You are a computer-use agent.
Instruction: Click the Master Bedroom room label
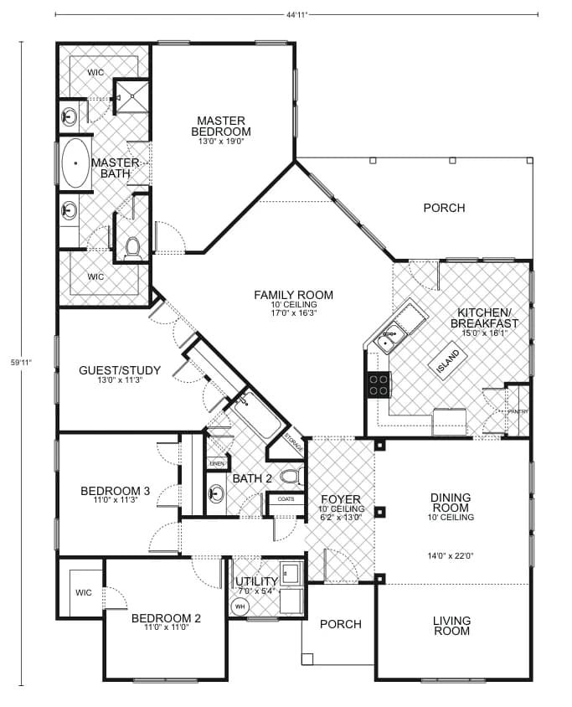point(221,126)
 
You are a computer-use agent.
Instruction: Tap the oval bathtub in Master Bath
point(75,163)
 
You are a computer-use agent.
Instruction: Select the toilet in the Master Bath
point(131,246)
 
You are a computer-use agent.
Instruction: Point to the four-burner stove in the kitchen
point(379,384)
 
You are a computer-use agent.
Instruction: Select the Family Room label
point(294,295)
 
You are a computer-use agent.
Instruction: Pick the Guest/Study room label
point(114,370)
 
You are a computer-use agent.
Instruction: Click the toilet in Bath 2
point(290,477)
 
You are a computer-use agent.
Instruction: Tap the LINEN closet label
point(217,462)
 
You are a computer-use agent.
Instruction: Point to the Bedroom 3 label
point(115,491)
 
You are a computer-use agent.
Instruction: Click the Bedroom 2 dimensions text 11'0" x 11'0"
point(166,631)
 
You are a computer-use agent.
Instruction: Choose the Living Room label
point(451,626)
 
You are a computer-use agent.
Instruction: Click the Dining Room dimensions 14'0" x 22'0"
point(451,555)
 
